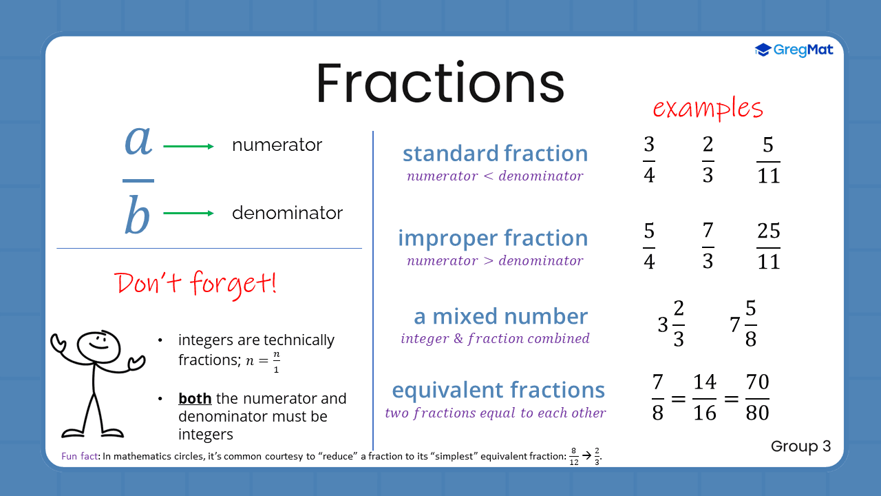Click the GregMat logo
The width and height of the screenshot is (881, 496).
click(x=794, y=50)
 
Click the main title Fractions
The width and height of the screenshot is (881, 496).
click(x=440, y=83)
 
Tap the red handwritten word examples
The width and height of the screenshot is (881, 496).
click(x=708, y=109)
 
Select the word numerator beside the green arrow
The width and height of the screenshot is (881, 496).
click(x=277, y=145)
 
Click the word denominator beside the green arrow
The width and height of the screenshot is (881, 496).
click(x=287, y=214)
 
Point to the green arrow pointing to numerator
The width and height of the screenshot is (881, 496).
click(x=189, y=146)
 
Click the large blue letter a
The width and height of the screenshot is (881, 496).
click(x=138, y=141)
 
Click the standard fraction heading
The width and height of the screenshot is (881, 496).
click(x=495, y=154)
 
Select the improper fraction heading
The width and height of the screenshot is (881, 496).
click(x=493, y=238)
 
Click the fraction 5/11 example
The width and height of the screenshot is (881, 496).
click(x=768, y=161)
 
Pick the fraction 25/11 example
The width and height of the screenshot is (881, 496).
click(x=768, y=246)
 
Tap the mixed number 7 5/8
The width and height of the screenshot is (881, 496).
click(x=744, y=324)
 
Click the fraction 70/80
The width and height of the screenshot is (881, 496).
click(x=757, y=397)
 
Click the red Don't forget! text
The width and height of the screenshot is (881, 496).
click(x=196, y=284)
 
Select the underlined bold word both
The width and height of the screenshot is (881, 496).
click(x=195, y=399)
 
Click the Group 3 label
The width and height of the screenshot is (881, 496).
click(x=800, y=446)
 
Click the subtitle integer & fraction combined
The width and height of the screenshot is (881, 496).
click(x=495, y=339)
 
